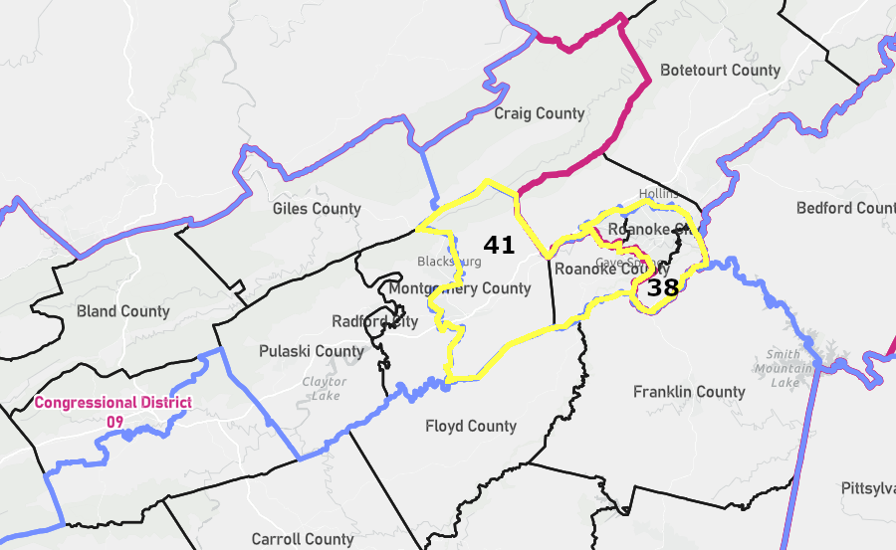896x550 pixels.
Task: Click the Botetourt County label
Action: (x=721, y=71)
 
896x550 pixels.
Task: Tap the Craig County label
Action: (x=540, y=113)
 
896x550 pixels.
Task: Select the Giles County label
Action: (x=317, y=209)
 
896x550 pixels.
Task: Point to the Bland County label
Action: (x=123, y=311)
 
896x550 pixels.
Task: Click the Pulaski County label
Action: (x=312, y=351)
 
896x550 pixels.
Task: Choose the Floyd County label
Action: (x=471, y=426)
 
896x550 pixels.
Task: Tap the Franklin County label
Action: (x=689, y=392)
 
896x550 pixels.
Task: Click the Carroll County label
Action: (x=302, y=539)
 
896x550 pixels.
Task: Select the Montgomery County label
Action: (x=460, y=288)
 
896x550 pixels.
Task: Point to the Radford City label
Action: (x=374, y=321)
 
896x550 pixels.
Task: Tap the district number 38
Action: (x=662, y=288)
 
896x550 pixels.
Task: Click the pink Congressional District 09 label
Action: (x=112, y=412)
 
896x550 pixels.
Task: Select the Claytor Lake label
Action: (x=325, y=388)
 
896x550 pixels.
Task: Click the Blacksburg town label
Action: (x=449, y=262)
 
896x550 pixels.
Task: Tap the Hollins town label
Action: (x=657, y=193)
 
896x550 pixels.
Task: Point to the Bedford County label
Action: (x=845, y=208)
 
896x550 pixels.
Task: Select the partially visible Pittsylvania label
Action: (x=867, y=489)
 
